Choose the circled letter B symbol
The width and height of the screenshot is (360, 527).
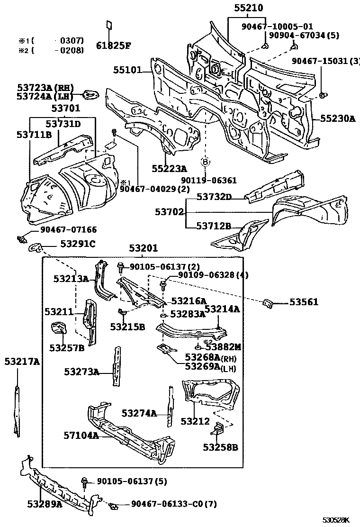[x=206, y=162]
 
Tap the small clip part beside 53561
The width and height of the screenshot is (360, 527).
[x=268, y=302]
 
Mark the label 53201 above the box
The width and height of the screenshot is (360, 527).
[x=144, y=248]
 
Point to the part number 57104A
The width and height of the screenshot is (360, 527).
[x=81, y=435]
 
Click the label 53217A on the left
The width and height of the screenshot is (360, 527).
[x=22, y=362]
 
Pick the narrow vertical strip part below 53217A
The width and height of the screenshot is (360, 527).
[x=17, y=410]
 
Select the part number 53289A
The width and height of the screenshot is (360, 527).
[x=45, y=504]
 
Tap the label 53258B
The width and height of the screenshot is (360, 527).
[x=220, y=446]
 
